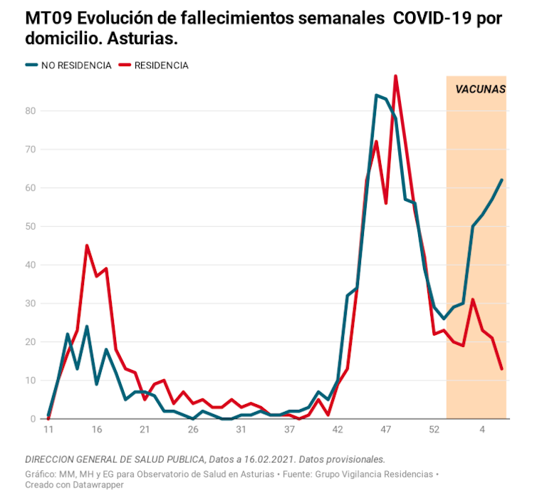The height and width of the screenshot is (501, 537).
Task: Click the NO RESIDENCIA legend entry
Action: coord(75,66)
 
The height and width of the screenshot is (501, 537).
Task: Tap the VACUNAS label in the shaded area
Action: coord(480,90)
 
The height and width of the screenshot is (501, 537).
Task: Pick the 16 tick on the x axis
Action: coord(97,430)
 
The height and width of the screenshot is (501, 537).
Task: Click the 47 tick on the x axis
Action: coord(386,430)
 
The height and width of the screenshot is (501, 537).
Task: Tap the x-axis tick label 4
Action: coord(482,430)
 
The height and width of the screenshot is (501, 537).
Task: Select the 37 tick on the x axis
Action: coord(289,430)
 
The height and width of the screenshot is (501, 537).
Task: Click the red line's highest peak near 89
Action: coord(395,76)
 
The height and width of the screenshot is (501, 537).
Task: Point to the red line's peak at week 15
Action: coord(87,246)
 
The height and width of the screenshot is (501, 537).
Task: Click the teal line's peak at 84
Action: coord(376,95)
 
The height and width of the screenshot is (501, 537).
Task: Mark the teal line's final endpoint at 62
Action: coord(501,180)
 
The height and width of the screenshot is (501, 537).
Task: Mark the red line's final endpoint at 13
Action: coord(501,368)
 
